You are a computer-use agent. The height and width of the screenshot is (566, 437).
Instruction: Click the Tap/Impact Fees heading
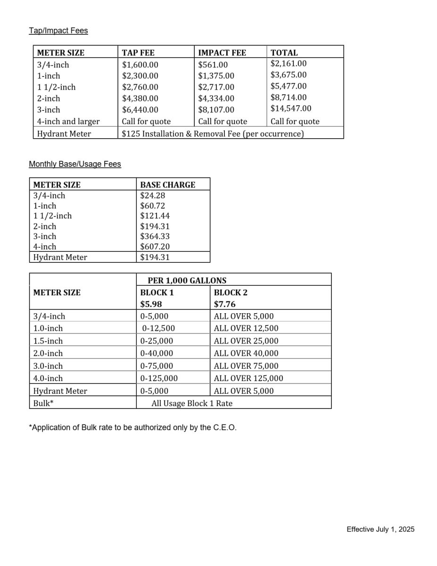58,31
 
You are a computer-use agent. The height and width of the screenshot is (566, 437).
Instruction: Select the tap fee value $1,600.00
140,65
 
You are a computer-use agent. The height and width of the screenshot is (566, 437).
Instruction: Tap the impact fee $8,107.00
216,110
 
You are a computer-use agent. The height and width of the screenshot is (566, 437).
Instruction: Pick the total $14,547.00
291,108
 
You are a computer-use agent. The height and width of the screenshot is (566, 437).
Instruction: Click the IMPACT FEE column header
222,53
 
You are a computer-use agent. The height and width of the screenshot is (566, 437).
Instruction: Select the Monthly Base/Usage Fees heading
75,164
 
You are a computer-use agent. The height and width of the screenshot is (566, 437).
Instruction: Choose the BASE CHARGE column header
167,185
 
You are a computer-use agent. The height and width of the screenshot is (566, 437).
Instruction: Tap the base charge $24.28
152,195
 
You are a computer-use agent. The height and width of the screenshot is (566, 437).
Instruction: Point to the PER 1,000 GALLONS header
187,281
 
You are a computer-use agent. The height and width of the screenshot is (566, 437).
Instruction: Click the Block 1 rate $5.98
151,304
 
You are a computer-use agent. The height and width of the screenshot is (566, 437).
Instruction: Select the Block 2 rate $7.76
224,304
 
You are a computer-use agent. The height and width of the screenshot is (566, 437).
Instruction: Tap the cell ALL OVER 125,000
248,378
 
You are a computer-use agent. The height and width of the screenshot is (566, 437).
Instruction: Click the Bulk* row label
43,403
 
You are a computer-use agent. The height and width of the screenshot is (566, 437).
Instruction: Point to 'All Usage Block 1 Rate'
192,403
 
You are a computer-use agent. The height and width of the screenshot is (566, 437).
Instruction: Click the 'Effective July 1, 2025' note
380,529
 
